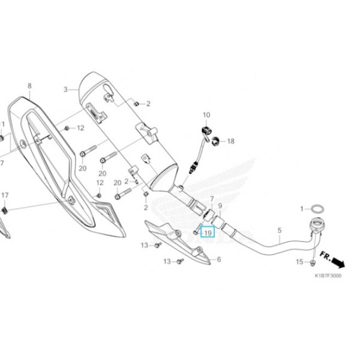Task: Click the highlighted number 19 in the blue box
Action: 208,232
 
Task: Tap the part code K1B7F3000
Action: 328,277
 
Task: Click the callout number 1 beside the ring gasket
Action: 303,208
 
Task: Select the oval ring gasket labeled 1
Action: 319,208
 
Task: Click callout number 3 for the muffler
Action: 66,89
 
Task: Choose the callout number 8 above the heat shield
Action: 29,86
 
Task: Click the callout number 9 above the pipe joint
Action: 220,206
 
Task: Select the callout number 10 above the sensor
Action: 207,115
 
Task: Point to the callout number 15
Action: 299,262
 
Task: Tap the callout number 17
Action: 5,196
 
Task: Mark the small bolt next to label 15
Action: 313,263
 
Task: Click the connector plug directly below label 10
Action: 206,129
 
